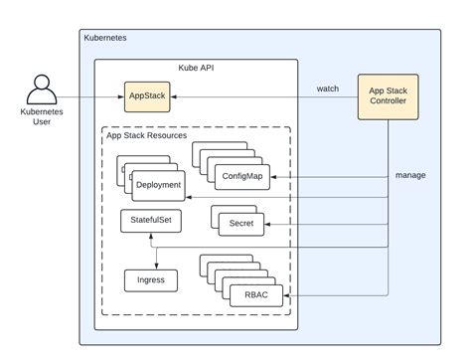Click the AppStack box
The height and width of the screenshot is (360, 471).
pyautogui.click(x=147, y=96)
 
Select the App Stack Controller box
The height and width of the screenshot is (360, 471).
pyautogui.click(x=389, y=95)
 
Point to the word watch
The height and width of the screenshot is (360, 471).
pyautogui.click(x=327, y=89)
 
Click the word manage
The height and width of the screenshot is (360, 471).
pyautogui.click(x=409, y=175)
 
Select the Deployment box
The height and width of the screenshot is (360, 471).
pyautogui.click(x=157, y=184)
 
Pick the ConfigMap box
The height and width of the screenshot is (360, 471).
pyautogui.click(x=241, y=175)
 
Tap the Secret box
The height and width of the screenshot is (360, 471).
pyautogui.click(x=240, y=224)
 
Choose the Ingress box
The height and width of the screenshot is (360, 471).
pyautogui.click(x=150, y=280)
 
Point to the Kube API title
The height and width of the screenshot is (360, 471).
pyautogui.click(x=196, y=69)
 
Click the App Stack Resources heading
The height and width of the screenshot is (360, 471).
pyautogui.click(x=147, y=136)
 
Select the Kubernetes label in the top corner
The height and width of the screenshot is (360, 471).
pyautogui.click(x=105, y=38)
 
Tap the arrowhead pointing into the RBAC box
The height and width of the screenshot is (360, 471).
pyautogui.click(x=287, y=293)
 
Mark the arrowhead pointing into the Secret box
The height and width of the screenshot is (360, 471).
pyautogui.click(x=268, y=224)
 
